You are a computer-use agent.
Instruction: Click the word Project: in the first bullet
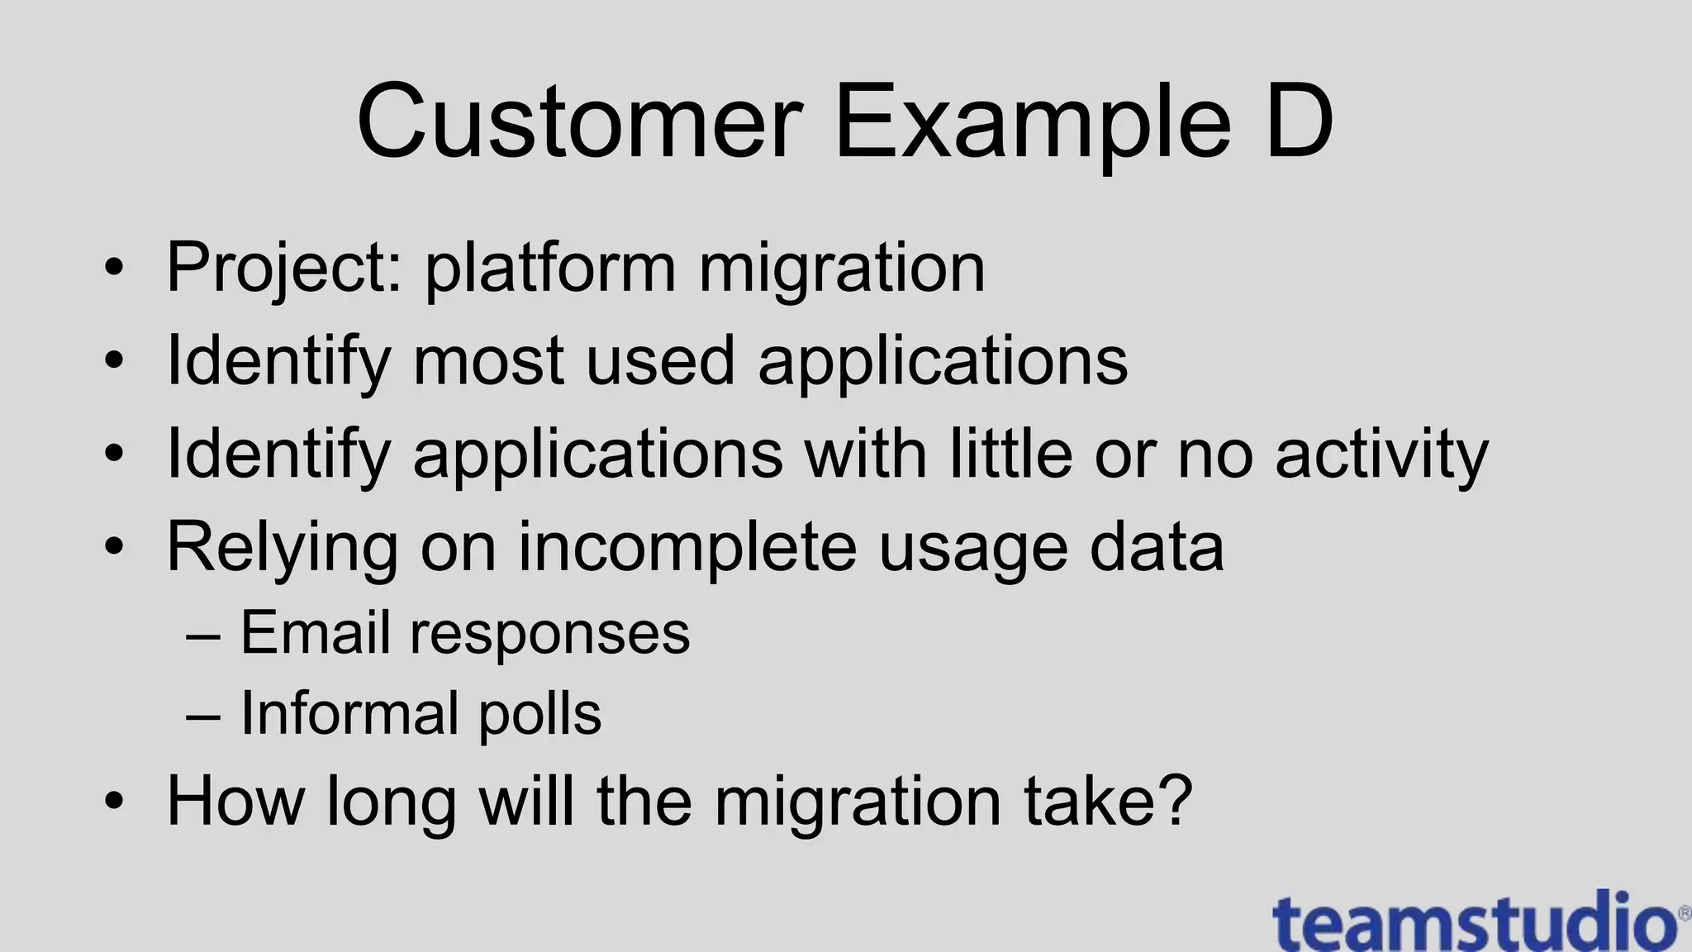click(x=283, y=269)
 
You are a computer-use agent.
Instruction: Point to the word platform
click(x=550, y=269)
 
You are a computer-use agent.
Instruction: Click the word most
click(x=487, y=361)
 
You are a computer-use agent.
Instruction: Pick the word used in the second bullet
click(x=659, y=361)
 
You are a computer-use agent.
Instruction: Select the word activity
click(x=1381, y=455)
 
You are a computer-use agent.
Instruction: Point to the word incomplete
click(x=687, y=547)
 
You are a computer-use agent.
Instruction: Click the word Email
click(x=314, y=633)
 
